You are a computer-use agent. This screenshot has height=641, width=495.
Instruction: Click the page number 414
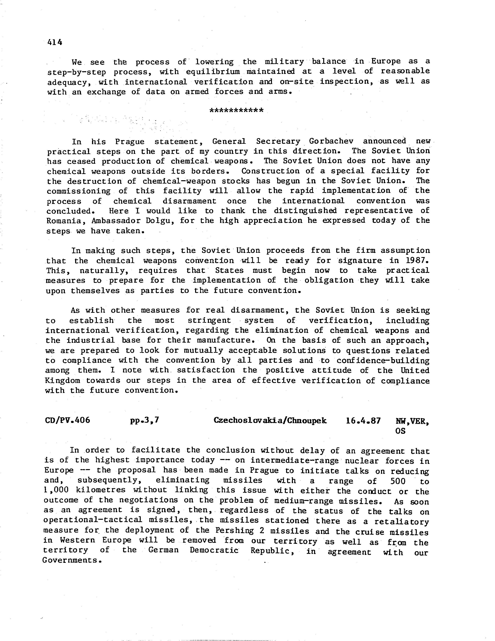point(55,42)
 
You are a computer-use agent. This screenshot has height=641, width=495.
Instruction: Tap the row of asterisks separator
point(237,111)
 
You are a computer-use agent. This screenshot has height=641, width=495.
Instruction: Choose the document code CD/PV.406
point(68,420)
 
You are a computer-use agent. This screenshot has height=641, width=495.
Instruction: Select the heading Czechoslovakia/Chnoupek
point(270,420)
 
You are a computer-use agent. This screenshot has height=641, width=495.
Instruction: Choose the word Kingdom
point(63,381)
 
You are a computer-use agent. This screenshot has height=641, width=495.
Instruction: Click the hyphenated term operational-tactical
point(93,520)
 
